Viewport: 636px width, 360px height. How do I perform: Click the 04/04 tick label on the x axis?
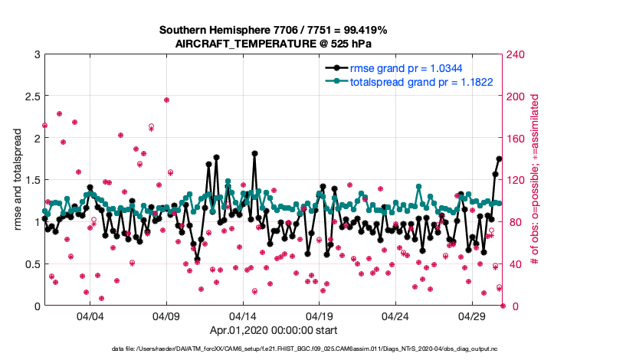click(90, 316)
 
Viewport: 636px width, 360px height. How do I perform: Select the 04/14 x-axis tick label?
click(243, 316)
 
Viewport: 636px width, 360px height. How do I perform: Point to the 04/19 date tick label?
click(320, 316)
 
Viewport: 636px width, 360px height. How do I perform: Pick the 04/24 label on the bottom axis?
click(396, 316)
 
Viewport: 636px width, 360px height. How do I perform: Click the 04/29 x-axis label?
click(473, 316)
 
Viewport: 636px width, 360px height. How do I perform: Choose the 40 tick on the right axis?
click(513, 264)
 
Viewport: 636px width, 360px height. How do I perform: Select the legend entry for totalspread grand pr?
click(421, 80)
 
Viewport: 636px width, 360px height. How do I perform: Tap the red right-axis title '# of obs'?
click(536, 180)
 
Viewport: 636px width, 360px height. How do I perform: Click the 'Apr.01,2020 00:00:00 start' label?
click(273, 330)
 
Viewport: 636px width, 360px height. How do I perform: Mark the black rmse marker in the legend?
click(334, 67)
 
